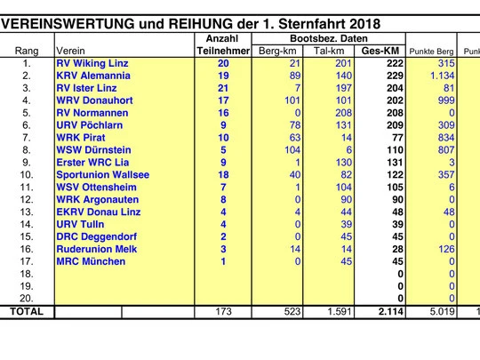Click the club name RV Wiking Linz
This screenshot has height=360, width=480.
(92, 63)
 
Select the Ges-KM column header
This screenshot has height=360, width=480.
(380, 51)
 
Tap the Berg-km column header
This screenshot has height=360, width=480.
(277, 51)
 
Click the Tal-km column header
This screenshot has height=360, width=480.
(329, 51)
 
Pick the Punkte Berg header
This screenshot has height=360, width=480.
(431, 52)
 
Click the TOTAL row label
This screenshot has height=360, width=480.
(27, 312)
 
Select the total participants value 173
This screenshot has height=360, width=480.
(223, 312)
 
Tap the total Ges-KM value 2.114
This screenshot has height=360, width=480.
(390, 312)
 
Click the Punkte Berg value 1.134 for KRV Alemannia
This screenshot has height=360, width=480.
(442, 76)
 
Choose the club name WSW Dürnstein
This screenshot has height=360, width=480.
(93, 150)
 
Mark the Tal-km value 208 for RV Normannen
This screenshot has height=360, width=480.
(343, 113)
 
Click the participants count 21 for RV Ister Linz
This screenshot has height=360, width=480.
(223, 88)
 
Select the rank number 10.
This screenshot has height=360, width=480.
(27, 175)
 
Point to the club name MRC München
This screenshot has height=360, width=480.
(91, 261)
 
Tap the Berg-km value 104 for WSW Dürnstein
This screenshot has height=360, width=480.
(292, 150)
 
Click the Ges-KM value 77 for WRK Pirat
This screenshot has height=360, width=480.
(397, 138)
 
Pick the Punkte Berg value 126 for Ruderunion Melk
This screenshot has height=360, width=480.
(446, 249)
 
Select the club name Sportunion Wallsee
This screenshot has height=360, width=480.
(103, 175)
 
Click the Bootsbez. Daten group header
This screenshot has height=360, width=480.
(329, 38)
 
